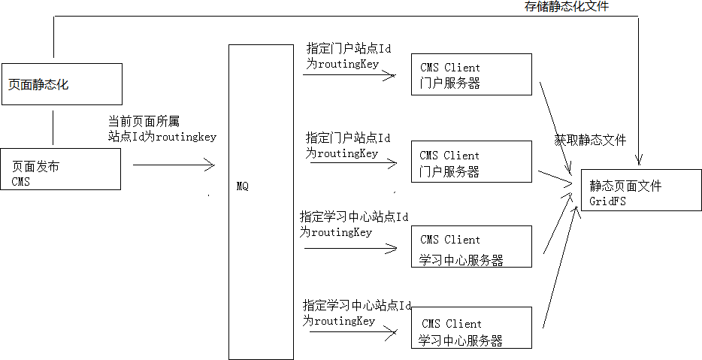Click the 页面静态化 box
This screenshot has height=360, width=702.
(x=61, y=83)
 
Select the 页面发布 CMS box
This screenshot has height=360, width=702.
(x=61, y=168)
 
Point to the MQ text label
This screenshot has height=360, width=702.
(x=242, y=184)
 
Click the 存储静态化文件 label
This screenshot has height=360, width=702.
(x=566, y=7)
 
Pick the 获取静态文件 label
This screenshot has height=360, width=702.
(x=590, y=140)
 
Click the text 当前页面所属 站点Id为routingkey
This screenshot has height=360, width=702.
(x=162, y=129)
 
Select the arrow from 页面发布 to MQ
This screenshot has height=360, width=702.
(x=173, y=165)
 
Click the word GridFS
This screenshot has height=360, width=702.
(x=608, y=202)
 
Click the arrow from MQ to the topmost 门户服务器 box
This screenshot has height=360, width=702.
(x=349, y=75)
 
